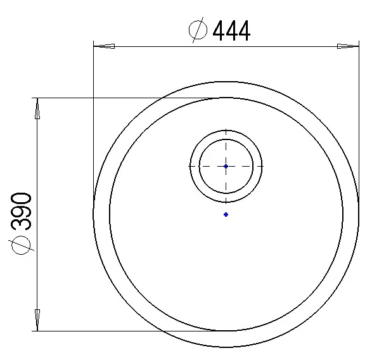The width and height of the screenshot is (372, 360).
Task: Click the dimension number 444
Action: pos(231,30)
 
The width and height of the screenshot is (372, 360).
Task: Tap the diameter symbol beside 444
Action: pos(199,30)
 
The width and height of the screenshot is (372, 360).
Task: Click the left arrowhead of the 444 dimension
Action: pos(104,46)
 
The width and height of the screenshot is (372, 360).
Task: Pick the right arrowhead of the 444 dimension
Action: pos(348,46)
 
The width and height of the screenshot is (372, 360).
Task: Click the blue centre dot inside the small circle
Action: pos(226,166)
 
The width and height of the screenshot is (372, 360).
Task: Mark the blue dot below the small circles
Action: pos(226,214)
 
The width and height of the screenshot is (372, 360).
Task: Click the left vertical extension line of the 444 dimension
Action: pos(94,127)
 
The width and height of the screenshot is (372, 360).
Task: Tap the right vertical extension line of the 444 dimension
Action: pos(359,127)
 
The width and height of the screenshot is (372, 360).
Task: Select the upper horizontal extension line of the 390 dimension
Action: pos(127,98)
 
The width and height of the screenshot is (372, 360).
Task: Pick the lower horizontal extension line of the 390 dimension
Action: pos(127,331)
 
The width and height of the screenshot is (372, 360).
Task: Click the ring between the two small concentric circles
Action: pos(195,166)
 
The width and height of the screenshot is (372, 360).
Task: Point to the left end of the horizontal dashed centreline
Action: pos(190,166)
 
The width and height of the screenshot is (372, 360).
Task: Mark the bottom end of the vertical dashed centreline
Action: pos(226,203)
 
